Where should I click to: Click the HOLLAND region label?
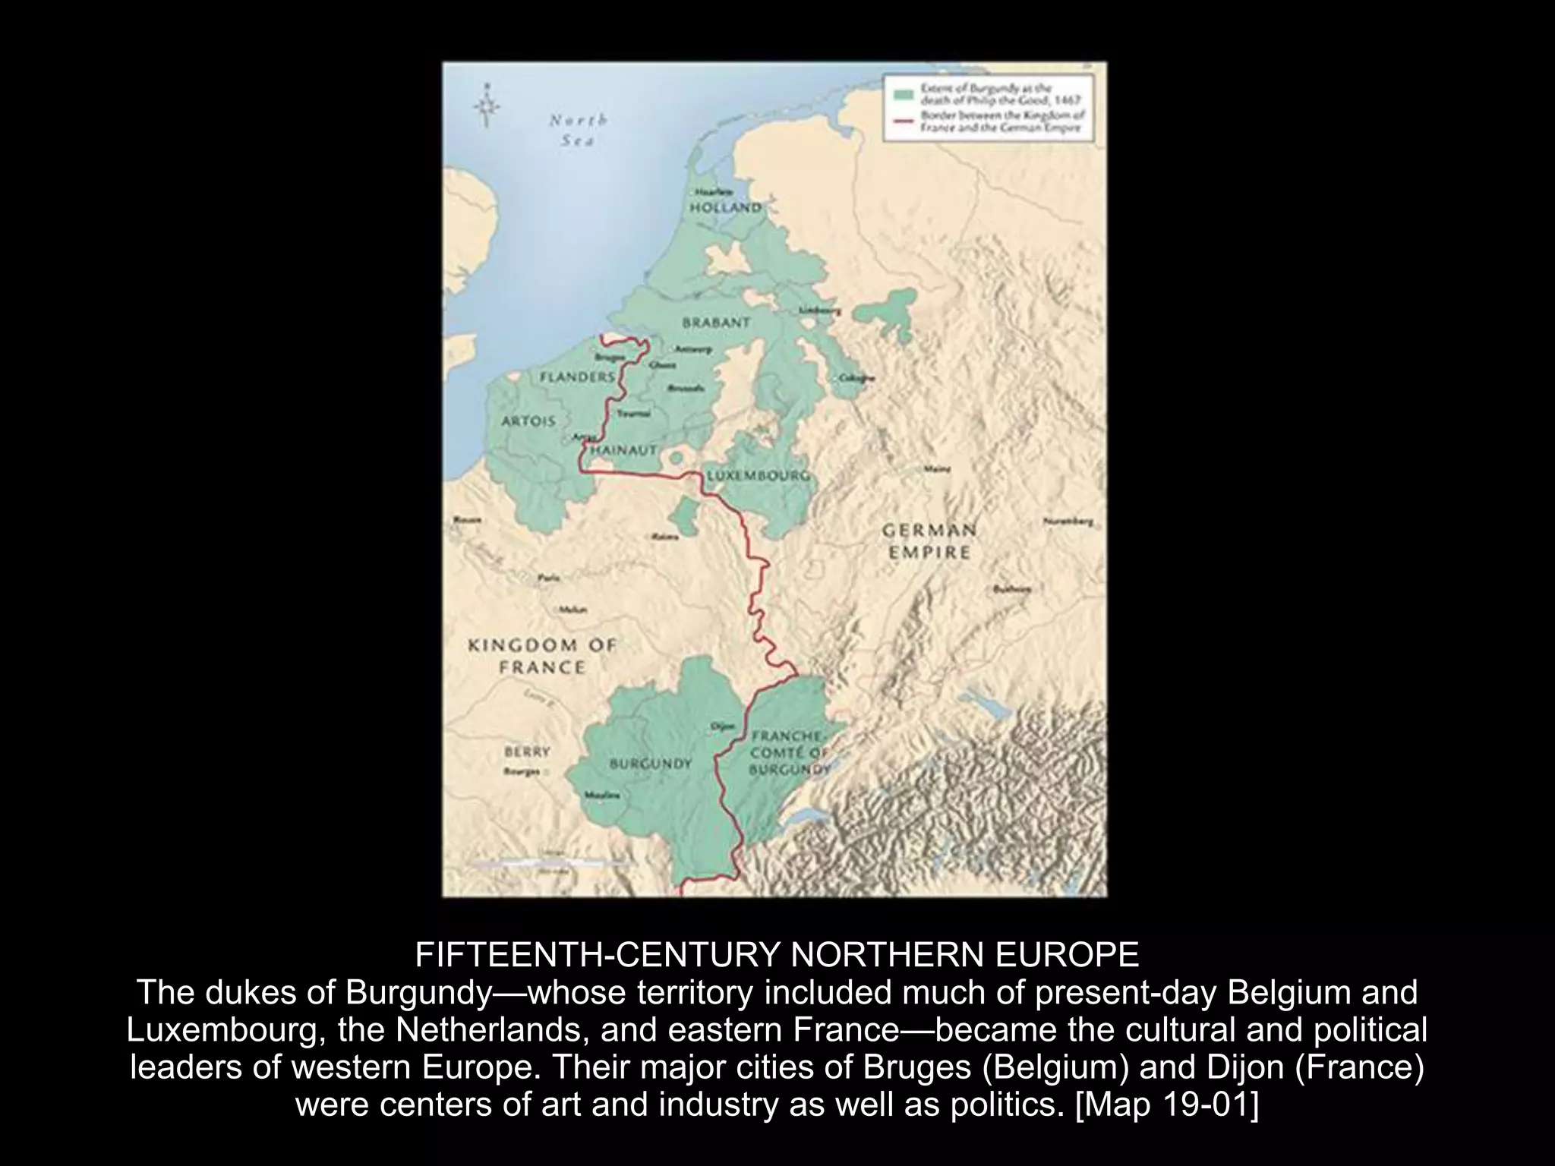[x=724, y=207]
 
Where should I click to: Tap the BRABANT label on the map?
[x=716, y=323]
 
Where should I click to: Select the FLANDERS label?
[x=577, y=377]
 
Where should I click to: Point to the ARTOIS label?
[x=528, y=421]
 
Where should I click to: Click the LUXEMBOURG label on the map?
[x=758, y=476]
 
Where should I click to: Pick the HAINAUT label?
[x=623, y=450]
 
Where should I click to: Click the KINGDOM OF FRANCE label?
[x=541, y=656]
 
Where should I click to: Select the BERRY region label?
[x=526, y=752]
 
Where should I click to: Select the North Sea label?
[x=578, y=130]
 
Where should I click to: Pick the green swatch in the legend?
[x=904, y=93]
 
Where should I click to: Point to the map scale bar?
[x=553, y=863]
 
